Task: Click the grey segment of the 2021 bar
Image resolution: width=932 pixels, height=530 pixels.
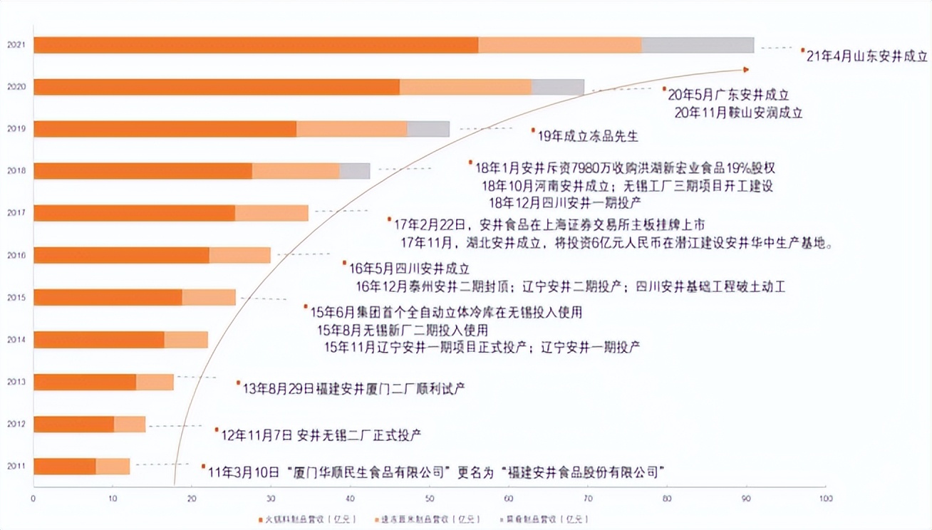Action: tap(698, 45)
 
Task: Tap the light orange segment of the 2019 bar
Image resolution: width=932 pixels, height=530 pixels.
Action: tap(351, 129)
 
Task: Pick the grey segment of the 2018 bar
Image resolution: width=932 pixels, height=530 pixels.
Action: tap(355, 171)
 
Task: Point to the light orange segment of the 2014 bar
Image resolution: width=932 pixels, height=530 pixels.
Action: tap(186, 340)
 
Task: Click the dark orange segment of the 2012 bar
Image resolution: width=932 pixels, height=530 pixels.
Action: tap(73, 424)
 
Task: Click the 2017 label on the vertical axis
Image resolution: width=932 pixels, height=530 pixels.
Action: tap(16, 213)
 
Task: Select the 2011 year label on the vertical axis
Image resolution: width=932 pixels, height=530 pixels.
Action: tap(16, 466)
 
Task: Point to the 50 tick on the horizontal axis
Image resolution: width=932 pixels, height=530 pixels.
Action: tap(429, 498)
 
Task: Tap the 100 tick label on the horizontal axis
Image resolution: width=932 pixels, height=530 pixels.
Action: tap(824, 498)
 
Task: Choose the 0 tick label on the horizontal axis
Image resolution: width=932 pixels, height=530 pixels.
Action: tap(33, 498)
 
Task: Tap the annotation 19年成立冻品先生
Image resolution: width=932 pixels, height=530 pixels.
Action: tap(589, 135)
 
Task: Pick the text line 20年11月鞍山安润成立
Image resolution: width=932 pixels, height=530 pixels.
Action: tap(738, 113)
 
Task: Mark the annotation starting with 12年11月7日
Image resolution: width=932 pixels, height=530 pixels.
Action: tap(321, 435)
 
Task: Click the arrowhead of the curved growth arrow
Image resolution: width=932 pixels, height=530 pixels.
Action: tap(745, 69)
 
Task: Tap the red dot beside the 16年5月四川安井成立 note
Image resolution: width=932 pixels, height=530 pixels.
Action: tap(344, 263)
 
